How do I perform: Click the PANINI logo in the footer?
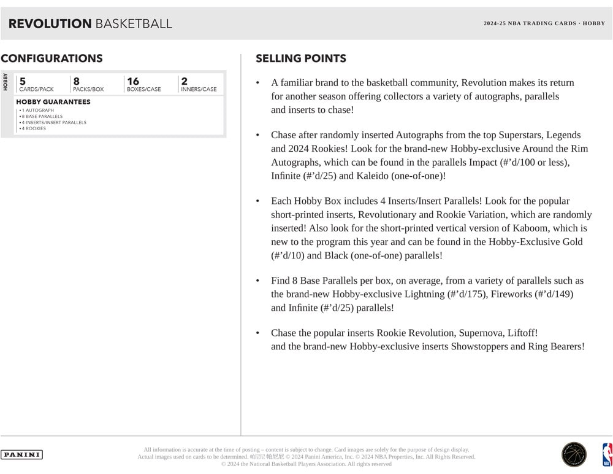(21, 455)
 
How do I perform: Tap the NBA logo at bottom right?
(607, 455)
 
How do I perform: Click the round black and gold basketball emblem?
(574, 455)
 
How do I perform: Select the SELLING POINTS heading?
(300, 59)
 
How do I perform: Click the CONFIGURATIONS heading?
(51, 59)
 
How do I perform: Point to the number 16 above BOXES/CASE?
(133, 81)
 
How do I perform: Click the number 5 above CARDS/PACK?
(23, 81)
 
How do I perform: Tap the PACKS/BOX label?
(88, 90)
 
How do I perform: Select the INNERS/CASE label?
(199, 90)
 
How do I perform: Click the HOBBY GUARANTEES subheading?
(53, 102)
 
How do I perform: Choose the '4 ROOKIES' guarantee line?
(34, 128)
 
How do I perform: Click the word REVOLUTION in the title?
(50, 24)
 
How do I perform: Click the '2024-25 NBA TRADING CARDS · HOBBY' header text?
(544, 23)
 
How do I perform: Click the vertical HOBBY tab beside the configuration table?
(6, 82)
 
